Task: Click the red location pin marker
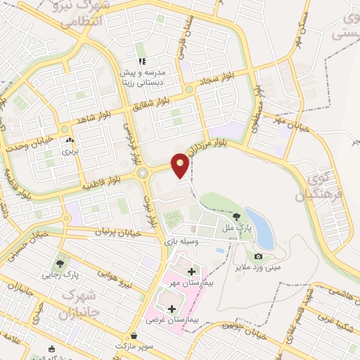(x=181, y=165)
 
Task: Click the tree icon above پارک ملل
(x=236, y=217)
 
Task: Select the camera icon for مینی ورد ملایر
(x=258, y=256)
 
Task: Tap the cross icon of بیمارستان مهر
(x=192, y=271)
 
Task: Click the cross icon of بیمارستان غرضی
(x=173, y=308)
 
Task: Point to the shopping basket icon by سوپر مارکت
(x=134, y=335)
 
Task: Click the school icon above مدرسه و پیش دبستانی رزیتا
(x=142, y=61)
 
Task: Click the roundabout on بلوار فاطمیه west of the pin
(x=143, y=172)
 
